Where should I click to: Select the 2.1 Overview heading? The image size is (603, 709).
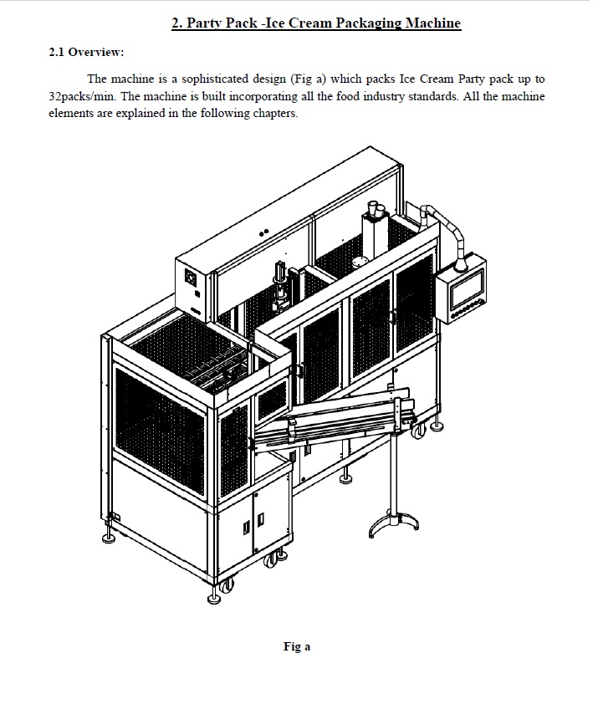(86, 52)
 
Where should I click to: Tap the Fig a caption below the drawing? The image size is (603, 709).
(297, 646)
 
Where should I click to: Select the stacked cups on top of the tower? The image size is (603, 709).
(376, 208)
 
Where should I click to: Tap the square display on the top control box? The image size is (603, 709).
(191, 277)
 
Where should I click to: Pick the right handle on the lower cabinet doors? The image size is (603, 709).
(261, 519)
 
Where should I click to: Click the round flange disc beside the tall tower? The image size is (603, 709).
(360, 262)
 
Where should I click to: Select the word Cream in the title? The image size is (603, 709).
(310, 23)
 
